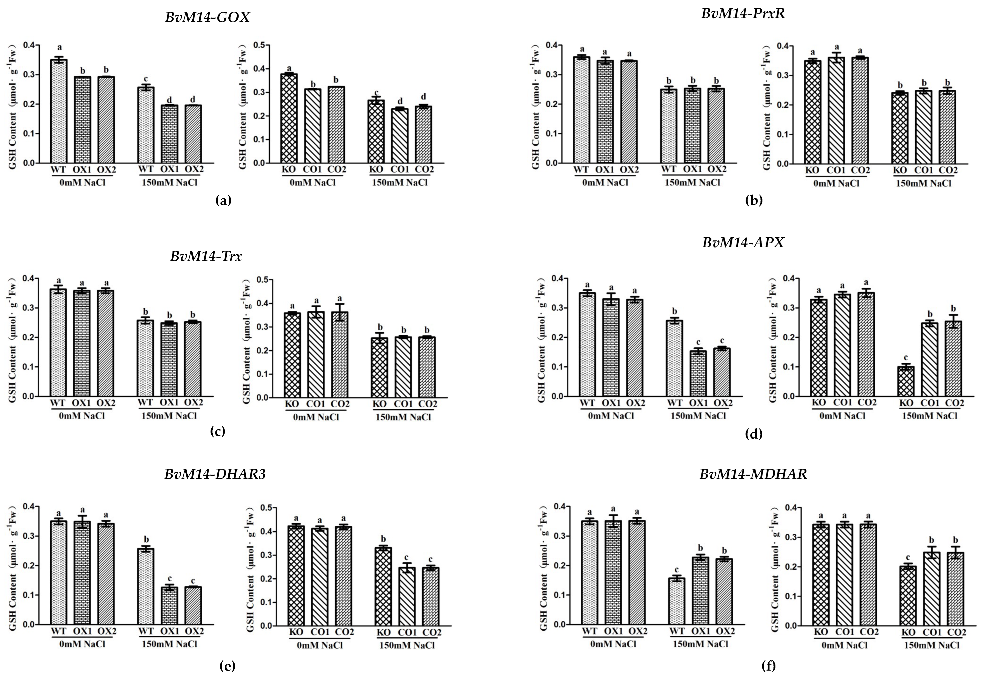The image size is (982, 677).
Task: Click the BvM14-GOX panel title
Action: [207, 17]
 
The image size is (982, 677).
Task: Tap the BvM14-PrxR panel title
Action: [743, 14]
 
